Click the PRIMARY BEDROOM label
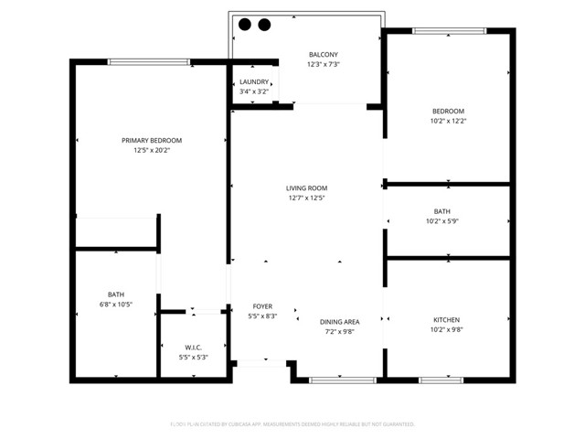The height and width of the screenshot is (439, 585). click(152, 140)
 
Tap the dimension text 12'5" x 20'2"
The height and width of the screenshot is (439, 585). click(152, 150)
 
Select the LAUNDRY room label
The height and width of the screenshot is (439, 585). click(254, 82)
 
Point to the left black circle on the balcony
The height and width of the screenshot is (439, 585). click(246, 25)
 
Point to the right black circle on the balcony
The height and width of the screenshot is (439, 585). click(264, 25)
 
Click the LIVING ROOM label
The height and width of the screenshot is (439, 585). click(306, 188)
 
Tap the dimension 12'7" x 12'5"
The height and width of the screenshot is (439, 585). click(306, 198)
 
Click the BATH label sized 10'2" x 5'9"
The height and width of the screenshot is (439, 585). click(442, 211)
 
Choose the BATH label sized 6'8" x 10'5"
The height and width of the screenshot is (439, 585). click(116, 294)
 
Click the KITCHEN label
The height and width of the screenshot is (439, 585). click(446, 320)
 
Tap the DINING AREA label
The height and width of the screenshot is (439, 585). click(339, 322)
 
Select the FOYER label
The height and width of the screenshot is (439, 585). click(262, 306)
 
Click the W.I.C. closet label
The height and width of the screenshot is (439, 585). click(193, 347)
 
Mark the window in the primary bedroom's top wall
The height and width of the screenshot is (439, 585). click(149, 62)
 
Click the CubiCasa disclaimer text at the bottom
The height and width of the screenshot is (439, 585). click(292, 424)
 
